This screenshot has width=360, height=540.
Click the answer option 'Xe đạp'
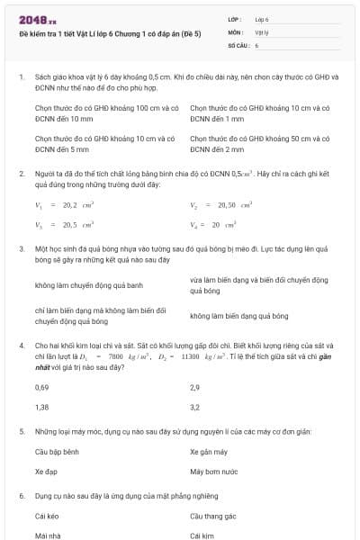pos(45,471)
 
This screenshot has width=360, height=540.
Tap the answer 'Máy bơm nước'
pos(213,471)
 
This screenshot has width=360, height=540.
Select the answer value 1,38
pos(41,407)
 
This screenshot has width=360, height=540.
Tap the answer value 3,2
pos(194,407)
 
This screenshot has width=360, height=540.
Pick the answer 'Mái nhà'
pos(48,535)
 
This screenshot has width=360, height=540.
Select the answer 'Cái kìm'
pos(202,535)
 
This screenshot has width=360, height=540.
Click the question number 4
pos(21,345)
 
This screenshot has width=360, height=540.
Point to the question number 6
pos(21,495)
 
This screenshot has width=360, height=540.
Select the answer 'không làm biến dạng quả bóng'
pos(238,316)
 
